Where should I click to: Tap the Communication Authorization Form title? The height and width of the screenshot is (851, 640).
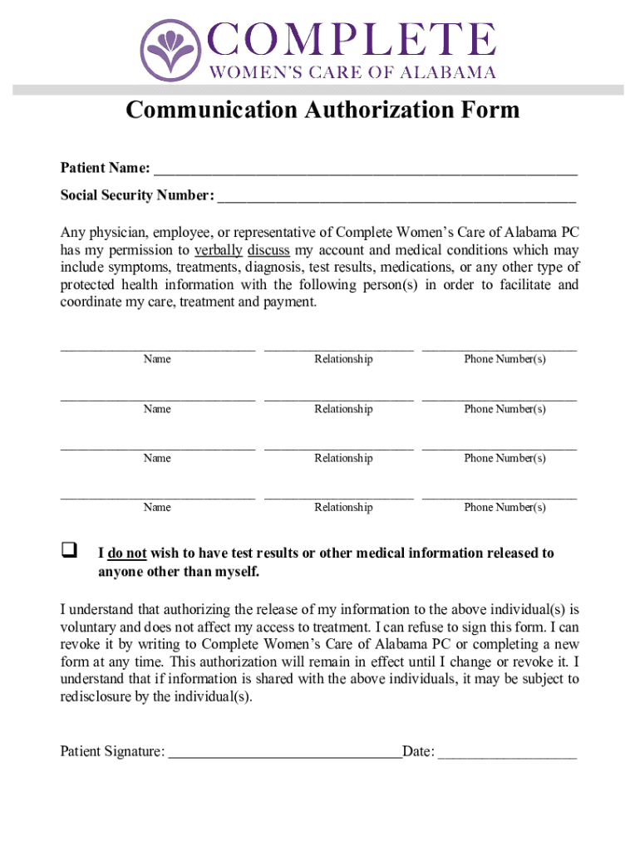click(x=322, y=111)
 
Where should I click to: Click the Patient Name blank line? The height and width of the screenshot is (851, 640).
click(x=365, y=172)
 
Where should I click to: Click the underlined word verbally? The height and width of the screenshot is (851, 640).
click(x=219, y=250)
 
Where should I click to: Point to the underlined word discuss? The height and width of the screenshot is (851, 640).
click(x=268, y=250)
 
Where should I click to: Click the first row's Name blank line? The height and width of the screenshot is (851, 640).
click(x=157, y=348)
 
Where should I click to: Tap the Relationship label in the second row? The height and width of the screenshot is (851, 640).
click(x=343, y=409)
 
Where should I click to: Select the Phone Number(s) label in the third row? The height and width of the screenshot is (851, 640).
click(x=505, y=458)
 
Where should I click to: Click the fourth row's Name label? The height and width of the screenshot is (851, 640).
click(x=157, y=507)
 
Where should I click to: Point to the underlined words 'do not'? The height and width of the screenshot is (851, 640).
click(x=127, y=553)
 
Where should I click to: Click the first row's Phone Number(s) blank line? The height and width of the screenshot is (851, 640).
click(x=500, y=348)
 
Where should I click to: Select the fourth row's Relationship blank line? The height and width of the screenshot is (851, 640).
click(x=338, y=496)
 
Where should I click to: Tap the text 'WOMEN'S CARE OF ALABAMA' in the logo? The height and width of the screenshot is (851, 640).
click(x=352, y=71)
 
